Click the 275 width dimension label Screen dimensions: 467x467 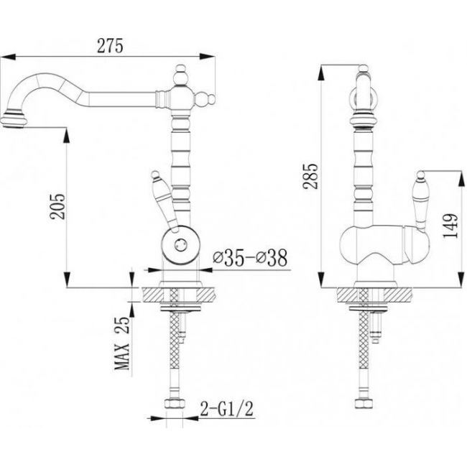[x=110, y=46]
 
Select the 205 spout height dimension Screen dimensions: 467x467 [x=57, y=206]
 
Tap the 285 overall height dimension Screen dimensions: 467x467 [x=310, y=176]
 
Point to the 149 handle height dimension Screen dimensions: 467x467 [x=450, y=226]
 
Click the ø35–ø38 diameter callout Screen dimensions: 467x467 [x=250, y=258]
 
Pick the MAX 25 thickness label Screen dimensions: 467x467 [x=122, y=343]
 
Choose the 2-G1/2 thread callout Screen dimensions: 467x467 [x=227, y=409]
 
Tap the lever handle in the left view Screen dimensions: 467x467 [x=165, y=202]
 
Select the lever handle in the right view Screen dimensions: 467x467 [x=421, y=202]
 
